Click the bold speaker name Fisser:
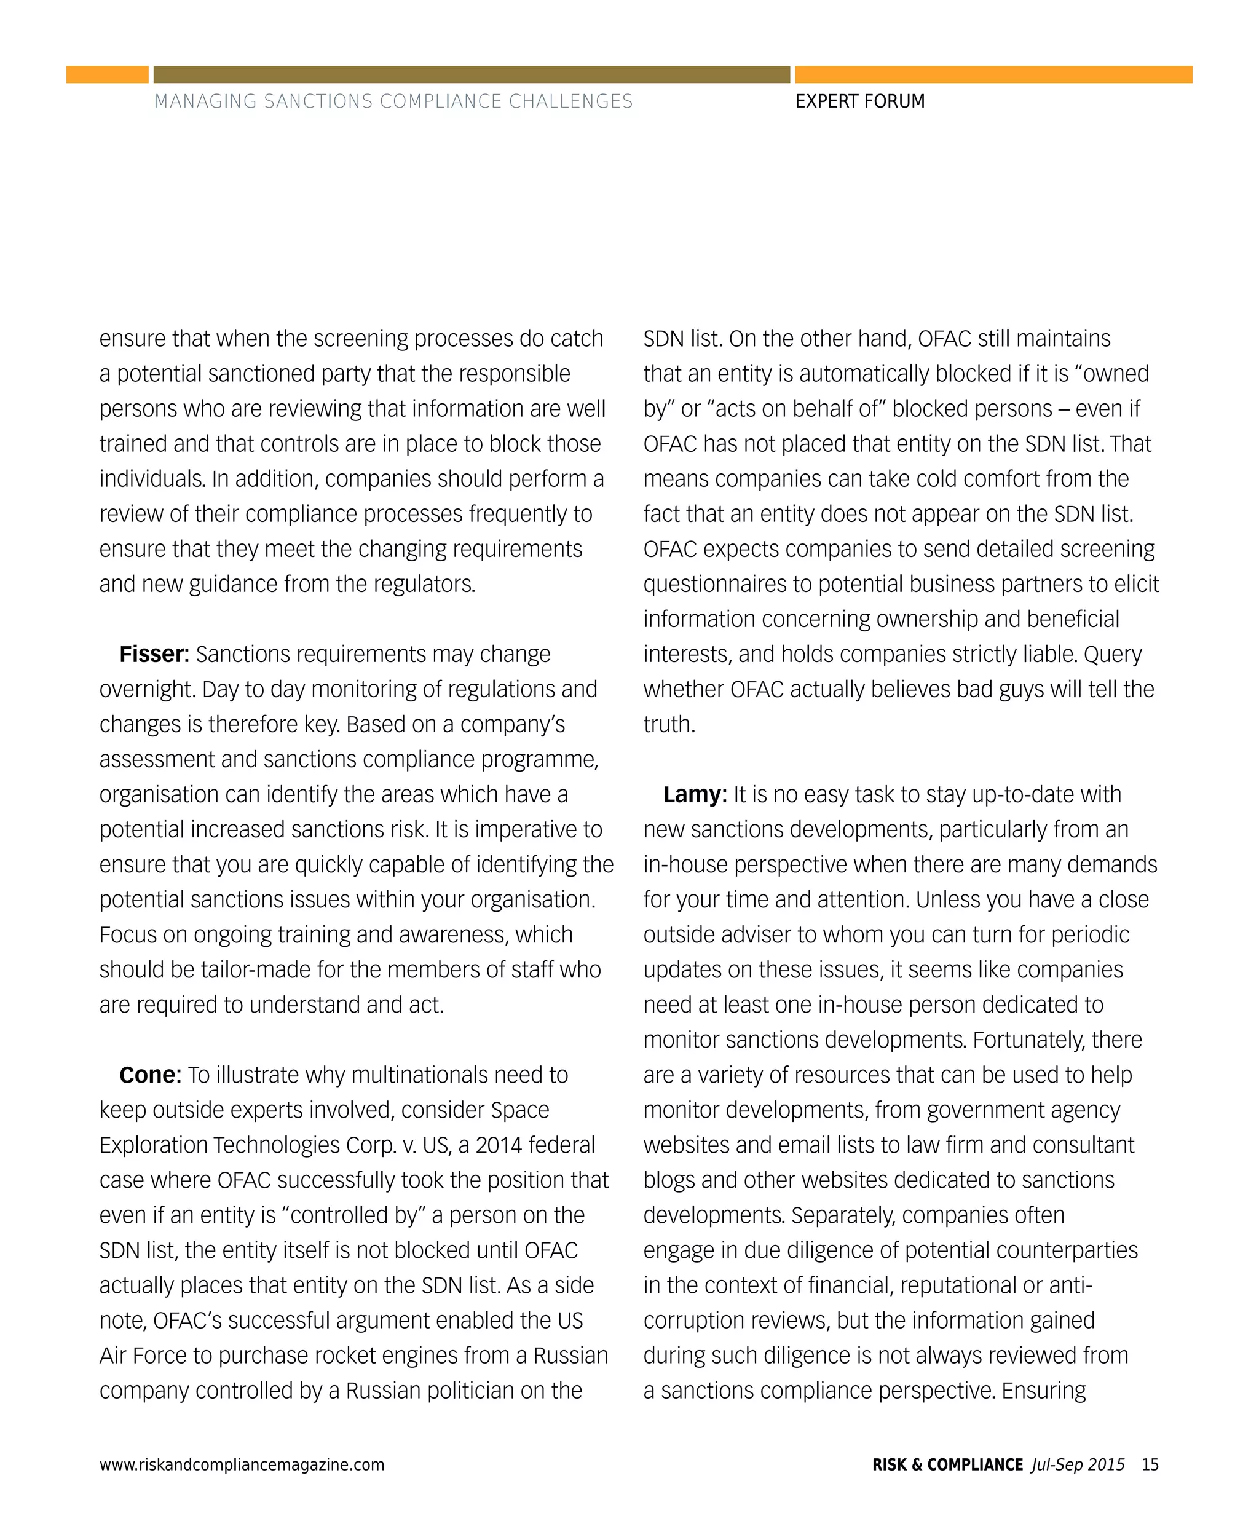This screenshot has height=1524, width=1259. [x=154, y=654]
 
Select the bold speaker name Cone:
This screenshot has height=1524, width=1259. [x=150, y=1075]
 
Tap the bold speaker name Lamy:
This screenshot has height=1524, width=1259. [x=695, y=794]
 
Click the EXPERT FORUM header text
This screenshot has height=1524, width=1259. [x=859, y=101]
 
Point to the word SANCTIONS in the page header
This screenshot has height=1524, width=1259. [x=318, y=101]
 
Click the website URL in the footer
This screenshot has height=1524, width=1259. [x=242, y=1464]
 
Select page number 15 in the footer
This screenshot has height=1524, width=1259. [x=1150, y=1464]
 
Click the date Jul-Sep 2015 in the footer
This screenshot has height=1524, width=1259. [x=1078, y=1464]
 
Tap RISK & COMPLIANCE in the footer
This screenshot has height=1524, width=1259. [x=947, y=1464]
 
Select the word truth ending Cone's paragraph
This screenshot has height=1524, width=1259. [x=668, y=725]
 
